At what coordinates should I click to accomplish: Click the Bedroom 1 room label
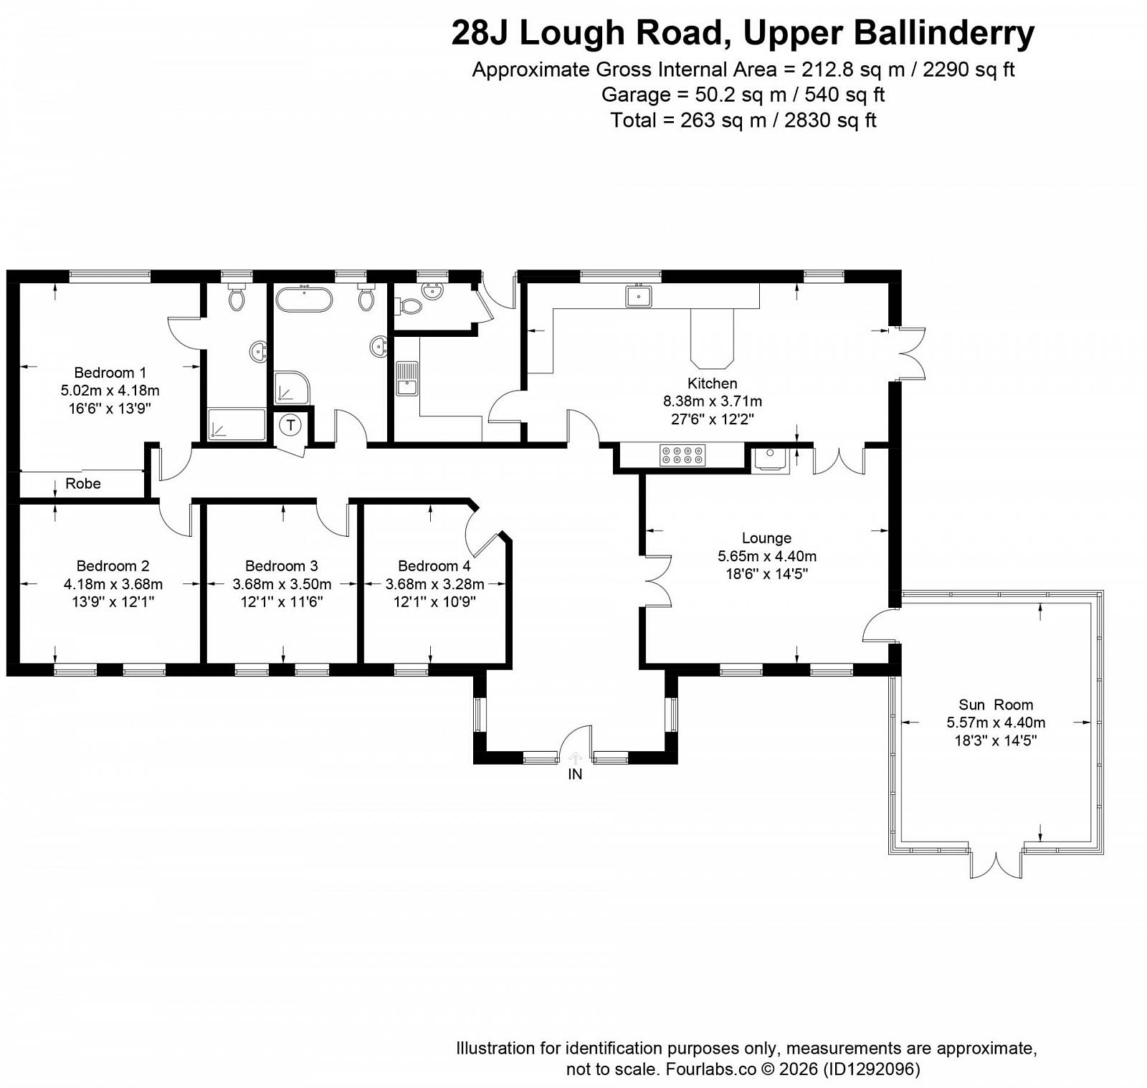click(x=110, y=373)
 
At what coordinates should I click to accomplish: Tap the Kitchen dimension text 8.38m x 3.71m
click(x=713, y=401)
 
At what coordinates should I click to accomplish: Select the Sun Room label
click(x=996, y=705)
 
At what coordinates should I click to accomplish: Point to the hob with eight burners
click(x=682, y=456)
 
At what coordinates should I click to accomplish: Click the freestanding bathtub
click(x=304, y=300)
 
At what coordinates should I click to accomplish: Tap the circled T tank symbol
click(x=290, y=425)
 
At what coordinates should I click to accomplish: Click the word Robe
click(x=83, y=484)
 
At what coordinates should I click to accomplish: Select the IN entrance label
click(x=575, y=774)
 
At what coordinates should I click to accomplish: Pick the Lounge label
click(x=766, y=538)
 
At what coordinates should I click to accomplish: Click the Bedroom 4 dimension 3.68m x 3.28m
click(x=435, y=584)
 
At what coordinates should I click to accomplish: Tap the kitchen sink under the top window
click(x=638, y=296)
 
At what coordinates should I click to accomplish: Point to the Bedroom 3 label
click(x=282, y=566)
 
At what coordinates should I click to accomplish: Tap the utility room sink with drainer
click(x=406, y=378)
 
